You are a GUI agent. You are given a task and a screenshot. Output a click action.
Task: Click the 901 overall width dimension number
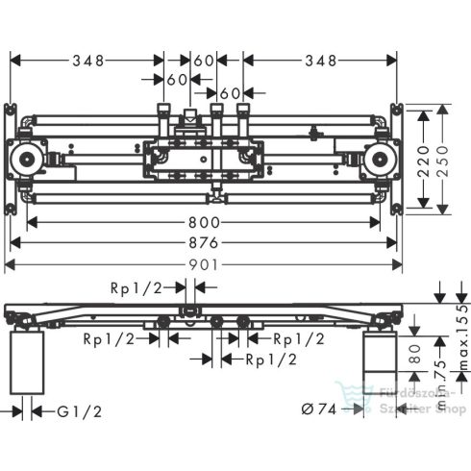[x=204, y=265]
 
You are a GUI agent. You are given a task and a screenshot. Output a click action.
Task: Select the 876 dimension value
[x=204, y=243]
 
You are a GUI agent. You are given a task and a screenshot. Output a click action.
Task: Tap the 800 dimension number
[x=204, y=222]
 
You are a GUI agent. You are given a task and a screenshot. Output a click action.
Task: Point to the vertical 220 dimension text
[x=424, y=161]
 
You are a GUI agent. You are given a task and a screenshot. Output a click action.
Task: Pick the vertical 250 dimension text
[x=443, y=161]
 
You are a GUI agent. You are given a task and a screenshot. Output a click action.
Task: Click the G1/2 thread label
[x=80, y=411]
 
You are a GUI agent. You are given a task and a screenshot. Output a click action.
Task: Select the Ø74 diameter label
[x=319, y=409]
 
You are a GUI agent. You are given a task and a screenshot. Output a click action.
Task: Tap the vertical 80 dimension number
[x=415, y=354]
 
